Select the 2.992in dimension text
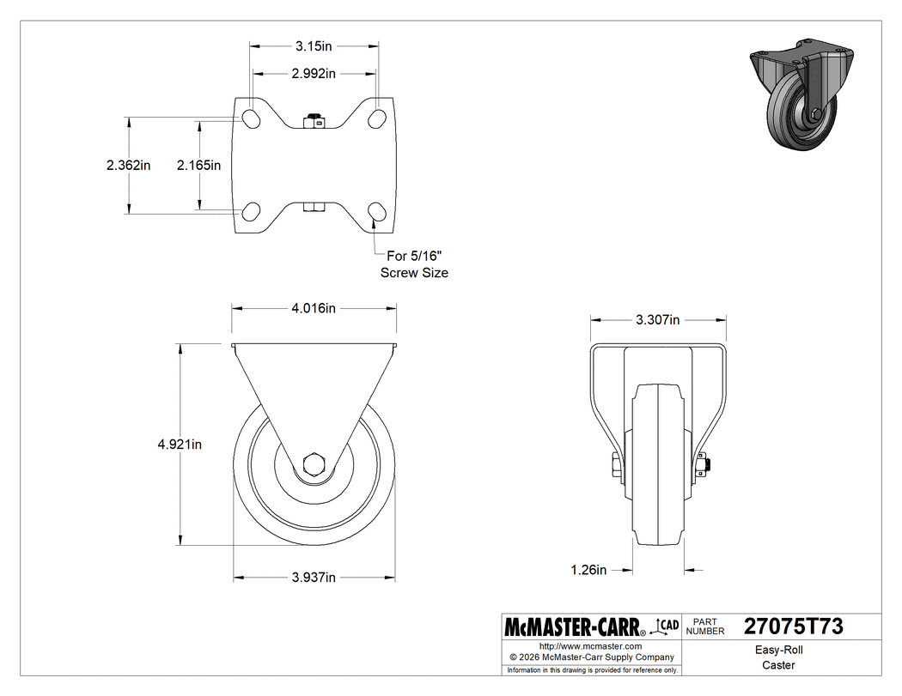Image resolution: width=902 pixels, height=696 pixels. click(314, 74)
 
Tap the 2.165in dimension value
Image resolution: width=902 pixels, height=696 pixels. click(199, 165)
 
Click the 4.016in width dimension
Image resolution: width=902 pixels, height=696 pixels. click(314, 309)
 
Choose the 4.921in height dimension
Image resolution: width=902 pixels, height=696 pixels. click(180, 444)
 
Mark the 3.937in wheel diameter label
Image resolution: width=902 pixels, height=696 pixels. click(313, 578)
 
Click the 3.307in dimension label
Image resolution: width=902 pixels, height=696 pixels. click(657, 320)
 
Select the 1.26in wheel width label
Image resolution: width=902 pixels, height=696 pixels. click(589, 569)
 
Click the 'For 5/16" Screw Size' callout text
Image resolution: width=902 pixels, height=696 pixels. click(415, 264)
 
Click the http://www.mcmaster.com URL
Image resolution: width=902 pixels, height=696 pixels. click(590, 645)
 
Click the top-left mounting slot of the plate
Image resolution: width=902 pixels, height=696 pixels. click(252, 118)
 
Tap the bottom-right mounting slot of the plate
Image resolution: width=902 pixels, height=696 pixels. click(376, 212)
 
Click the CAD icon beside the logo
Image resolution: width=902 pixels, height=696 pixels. click(667, 626)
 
